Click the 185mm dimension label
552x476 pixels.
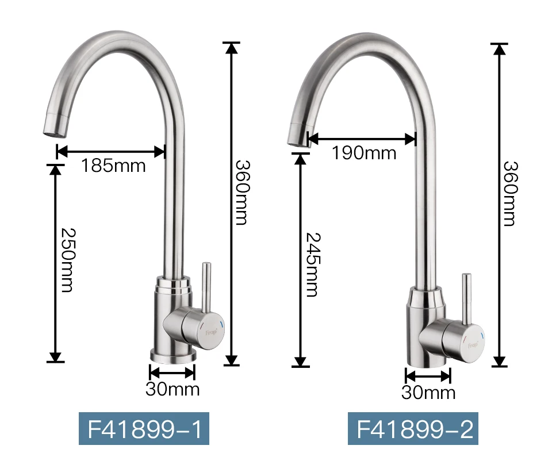[113, 166]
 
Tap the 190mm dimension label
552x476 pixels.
[364, 153]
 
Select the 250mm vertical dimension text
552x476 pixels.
[67, 260]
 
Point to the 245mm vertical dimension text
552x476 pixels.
[313, 264]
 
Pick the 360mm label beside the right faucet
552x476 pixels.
[511, 193]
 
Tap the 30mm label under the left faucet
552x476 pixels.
[172, 389]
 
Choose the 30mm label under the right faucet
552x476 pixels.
[428, 392]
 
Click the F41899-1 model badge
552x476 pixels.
[144, 428]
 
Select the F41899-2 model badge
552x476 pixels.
[413, 428]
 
